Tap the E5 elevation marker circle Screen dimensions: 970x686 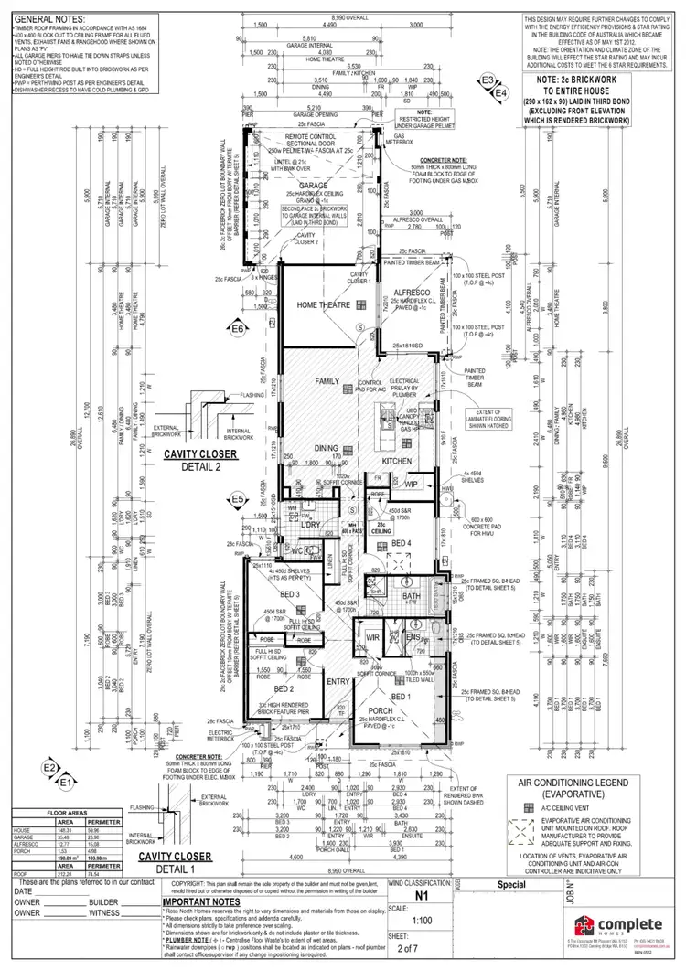pyautogui.click(x=238, y=499)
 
